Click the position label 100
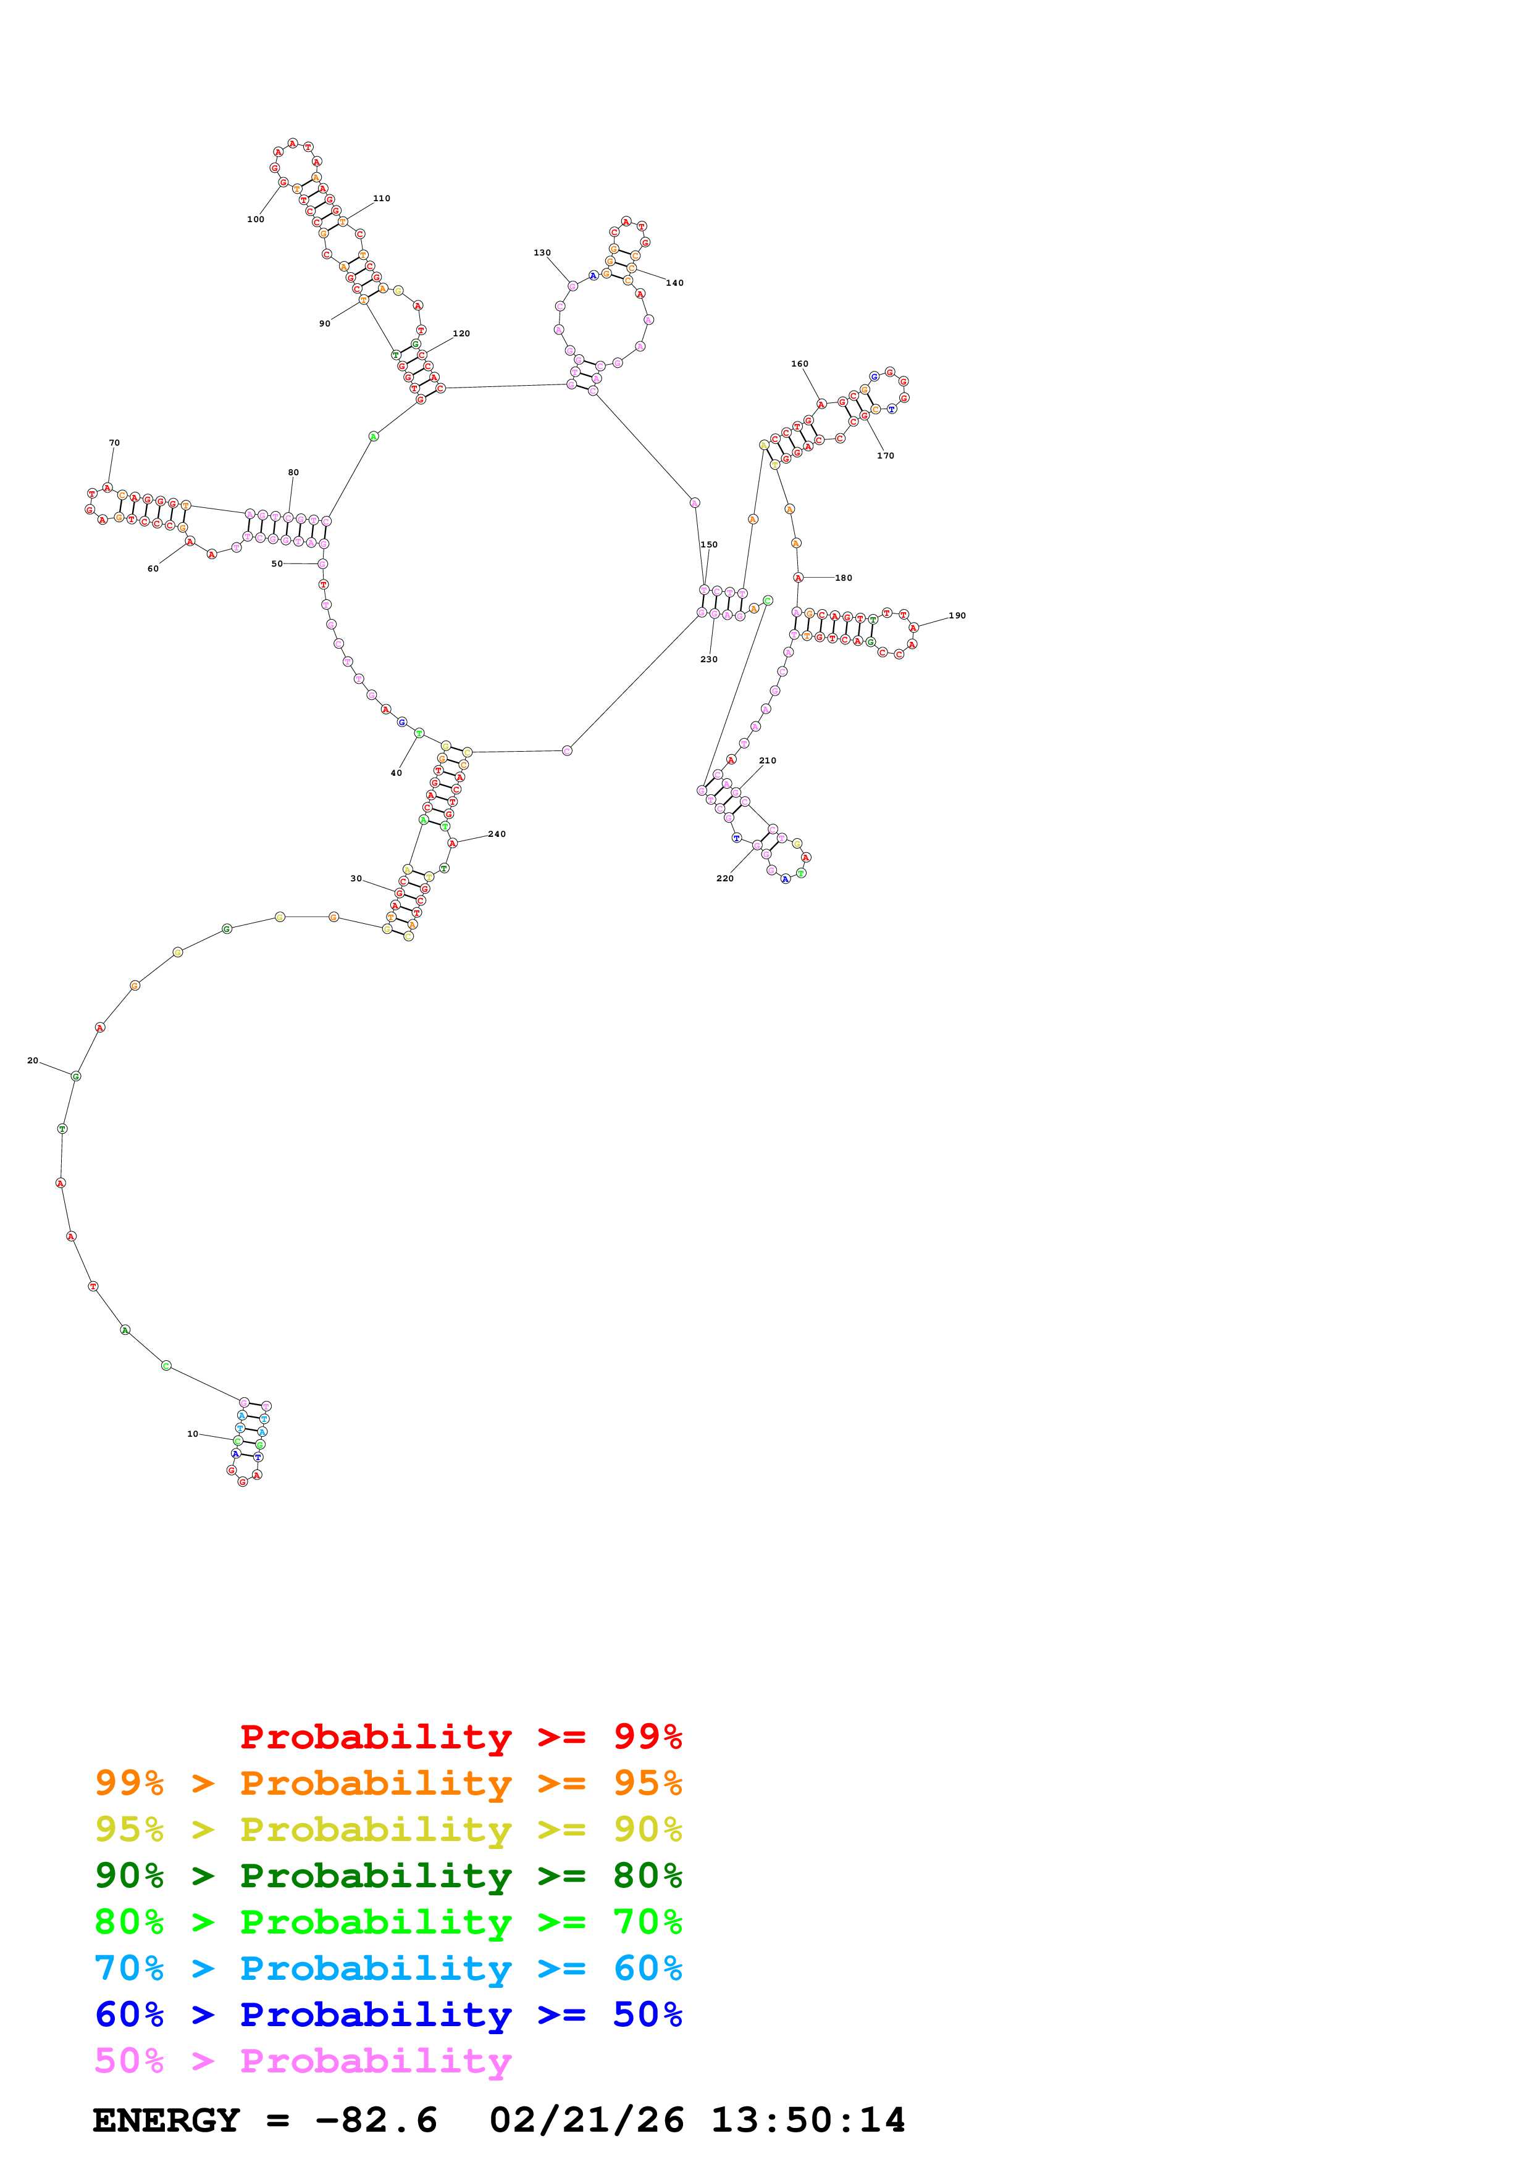point(256,220)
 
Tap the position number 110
point(381,199)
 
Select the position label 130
point(542,252)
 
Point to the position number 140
point(674,283)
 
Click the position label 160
point(799,364)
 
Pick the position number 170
point(885,456)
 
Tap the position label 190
point(957,616)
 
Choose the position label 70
point(114,443)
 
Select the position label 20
point(33,1061)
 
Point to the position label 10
point(193,1434)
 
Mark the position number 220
point(724,879)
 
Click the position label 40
point(396,773)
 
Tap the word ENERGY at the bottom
point(166,2121)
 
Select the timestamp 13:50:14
point(807,2121)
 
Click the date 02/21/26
point(587,2121)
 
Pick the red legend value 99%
point(647,1737)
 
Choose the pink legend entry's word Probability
point(375,2061)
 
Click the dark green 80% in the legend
point(647,1876)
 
